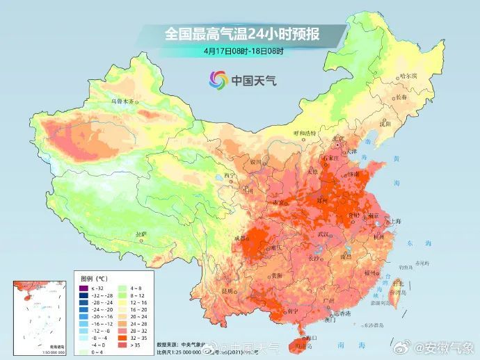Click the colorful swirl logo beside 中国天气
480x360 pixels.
coord(217,80)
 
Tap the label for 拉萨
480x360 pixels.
coord(141,234)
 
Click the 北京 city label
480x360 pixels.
coord(339,138)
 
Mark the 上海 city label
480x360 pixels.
coord(395,221)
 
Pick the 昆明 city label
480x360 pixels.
coord(226,291)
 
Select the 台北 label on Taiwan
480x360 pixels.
coord(398,283)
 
